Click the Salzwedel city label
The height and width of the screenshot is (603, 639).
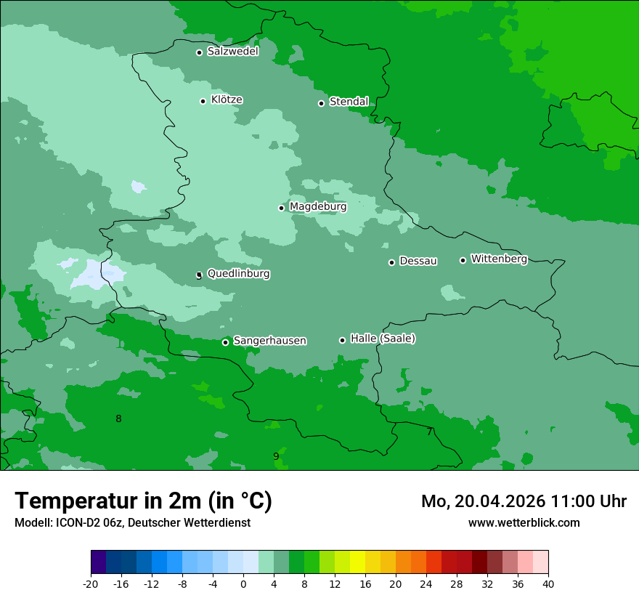tap(232, 52)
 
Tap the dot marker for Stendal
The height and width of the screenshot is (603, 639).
tap(321, 103)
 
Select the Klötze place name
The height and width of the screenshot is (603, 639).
tap(227, 100)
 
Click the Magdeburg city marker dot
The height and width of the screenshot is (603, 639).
tap(282, 208)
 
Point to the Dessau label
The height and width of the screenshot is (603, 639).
tap(418, 261)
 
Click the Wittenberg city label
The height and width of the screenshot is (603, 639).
tap(499, 259)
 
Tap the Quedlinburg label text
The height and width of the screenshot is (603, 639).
tap(238, 274)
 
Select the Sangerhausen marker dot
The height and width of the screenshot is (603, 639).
tap(225, 342)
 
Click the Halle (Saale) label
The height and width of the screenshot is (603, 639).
tap(383, 339)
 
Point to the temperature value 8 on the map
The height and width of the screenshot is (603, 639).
tap(118, 418)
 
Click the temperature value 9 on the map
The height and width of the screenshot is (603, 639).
tap(276, 456)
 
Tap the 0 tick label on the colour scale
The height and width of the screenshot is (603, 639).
tap(243, 584)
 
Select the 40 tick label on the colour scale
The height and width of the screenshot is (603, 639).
tap(548, 584)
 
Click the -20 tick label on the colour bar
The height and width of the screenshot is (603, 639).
tap(91, 584)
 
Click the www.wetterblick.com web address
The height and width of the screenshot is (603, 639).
tap(524, 523)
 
